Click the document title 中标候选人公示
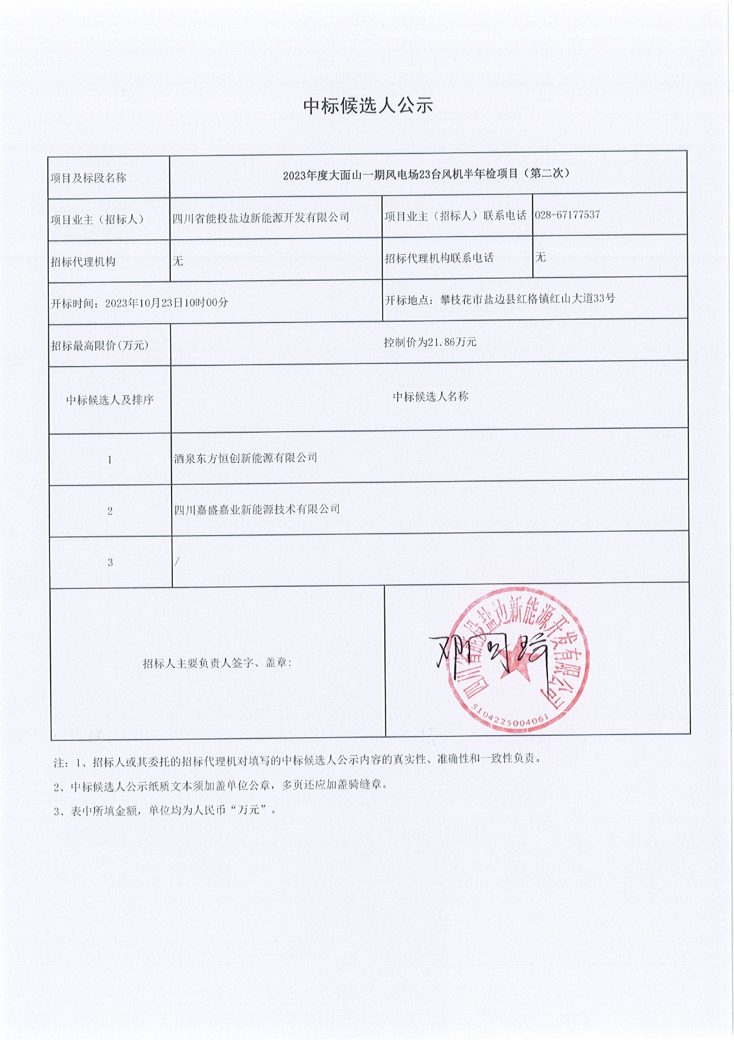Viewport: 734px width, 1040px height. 368,106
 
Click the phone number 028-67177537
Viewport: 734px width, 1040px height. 567,214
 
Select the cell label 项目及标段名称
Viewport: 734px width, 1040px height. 88,178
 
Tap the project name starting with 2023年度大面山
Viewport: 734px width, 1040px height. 426,174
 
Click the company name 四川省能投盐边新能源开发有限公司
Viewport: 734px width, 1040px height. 261,218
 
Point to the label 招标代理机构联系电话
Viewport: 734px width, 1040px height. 439,258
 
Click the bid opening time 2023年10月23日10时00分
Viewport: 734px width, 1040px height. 166,302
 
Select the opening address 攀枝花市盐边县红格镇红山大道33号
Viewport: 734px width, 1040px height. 527,299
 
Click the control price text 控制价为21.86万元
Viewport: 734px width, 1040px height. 430,342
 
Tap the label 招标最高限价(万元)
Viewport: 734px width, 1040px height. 99,345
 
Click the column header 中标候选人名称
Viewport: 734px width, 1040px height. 430,396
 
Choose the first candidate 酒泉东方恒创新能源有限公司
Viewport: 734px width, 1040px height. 246,458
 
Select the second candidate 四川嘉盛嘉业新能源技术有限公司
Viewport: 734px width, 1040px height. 257,510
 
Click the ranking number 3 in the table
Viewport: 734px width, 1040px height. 110,562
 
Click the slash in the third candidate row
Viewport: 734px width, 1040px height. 177,562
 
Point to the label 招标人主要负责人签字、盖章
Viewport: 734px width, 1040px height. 217,663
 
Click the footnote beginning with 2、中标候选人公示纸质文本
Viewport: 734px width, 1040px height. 220,785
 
